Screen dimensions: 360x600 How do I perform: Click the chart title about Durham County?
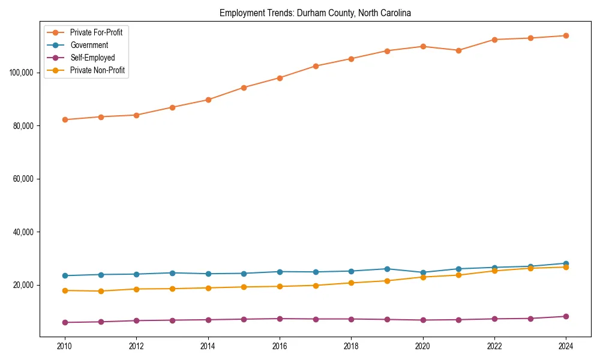click(315, 13)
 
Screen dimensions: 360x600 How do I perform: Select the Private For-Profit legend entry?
click(96, 32)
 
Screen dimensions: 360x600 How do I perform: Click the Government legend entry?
click(89, 45)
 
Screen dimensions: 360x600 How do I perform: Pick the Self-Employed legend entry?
click(92, 58)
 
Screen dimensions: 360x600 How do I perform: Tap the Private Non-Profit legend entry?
click(97, 71)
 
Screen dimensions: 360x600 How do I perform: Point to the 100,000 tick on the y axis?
click(23, 73)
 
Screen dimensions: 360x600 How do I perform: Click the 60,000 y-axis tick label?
click(25, 179)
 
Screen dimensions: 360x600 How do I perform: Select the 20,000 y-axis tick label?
click(25, 285)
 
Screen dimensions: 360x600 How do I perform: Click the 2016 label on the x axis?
click(280, 346)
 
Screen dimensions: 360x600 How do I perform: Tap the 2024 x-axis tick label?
click(566, 346)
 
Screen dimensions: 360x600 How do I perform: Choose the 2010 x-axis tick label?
click(65, 346)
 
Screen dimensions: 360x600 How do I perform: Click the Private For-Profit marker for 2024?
click(566, 35)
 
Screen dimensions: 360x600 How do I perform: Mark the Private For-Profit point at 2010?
click(65, 119)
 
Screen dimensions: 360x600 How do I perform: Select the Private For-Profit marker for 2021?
click(458, 50)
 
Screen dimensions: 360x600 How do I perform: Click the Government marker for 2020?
click(422, 272)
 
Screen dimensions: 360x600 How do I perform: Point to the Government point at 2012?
click(136, 274)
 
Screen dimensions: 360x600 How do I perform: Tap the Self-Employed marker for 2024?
click(566, 316)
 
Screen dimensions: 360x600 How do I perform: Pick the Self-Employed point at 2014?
click(208, 320)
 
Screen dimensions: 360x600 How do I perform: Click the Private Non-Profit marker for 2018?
click(351, 283)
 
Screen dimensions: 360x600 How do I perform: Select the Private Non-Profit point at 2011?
click(101, 291)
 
